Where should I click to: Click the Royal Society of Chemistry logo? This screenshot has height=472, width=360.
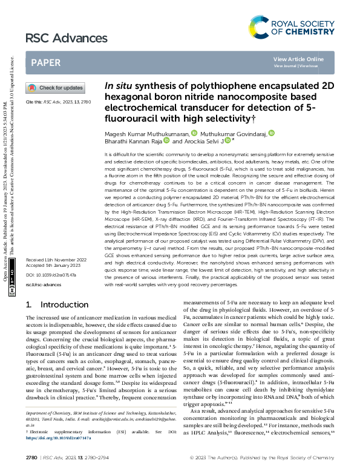tap(292, 27)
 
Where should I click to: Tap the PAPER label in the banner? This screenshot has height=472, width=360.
tap(45, 63)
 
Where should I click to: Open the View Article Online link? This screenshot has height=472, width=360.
tap(298, 59)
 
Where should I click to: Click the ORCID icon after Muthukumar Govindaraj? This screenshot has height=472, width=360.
tap(272, 133)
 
